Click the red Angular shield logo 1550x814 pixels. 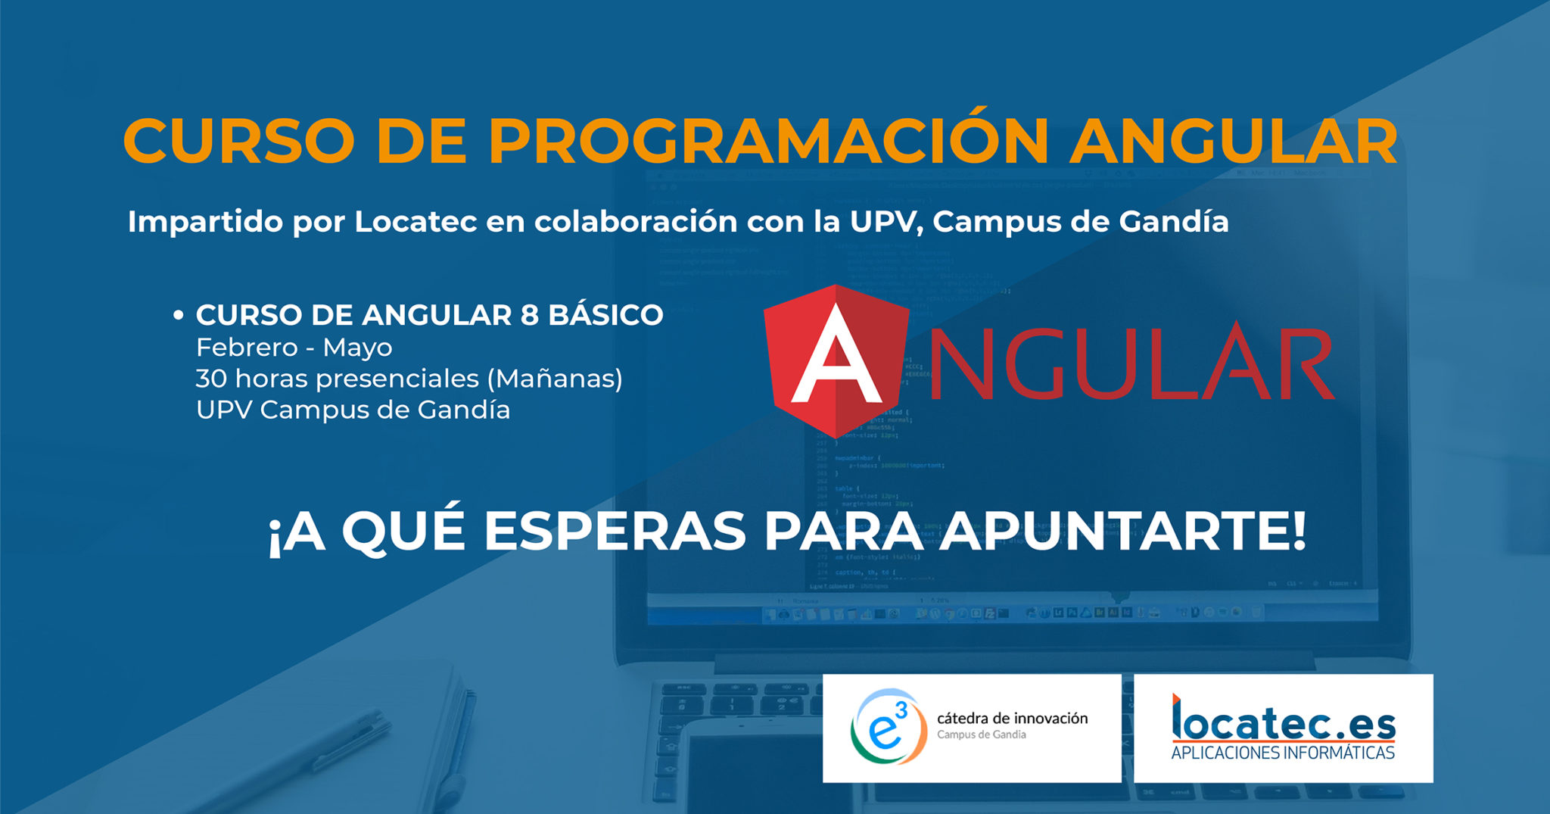pos(836,361)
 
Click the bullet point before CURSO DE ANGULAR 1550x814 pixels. pos(179,315)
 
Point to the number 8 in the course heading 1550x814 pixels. pos(530,315)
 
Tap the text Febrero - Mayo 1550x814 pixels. pos(294,348)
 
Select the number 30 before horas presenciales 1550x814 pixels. pos(211,379)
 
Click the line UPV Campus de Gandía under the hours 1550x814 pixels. pos(353,410)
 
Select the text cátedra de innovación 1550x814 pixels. pos(1012,718)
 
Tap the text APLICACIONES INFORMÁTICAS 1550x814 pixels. pos(1283,753)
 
